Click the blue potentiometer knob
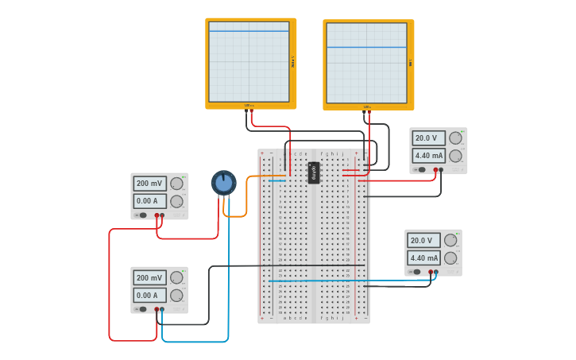coord(224,183)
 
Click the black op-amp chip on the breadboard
coord(314,172)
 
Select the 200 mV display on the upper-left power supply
coord(149,184)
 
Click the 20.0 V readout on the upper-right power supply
coord(428,137)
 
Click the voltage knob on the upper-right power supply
coord(455,137)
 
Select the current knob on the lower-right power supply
coord(450,257)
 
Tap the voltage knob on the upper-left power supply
coord(176,184)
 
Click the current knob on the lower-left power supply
coord(176,296)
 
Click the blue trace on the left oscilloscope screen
coord(249,31)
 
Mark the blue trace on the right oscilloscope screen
coord(366,48)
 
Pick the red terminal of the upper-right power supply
coord(435,169)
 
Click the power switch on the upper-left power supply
coord(142,215)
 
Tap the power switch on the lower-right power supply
coord(416,272)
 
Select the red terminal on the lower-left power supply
coord(157,309)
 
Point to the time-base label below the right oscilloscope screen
coord(367,106)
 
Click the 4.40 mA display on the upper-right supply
coord(428,156)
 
